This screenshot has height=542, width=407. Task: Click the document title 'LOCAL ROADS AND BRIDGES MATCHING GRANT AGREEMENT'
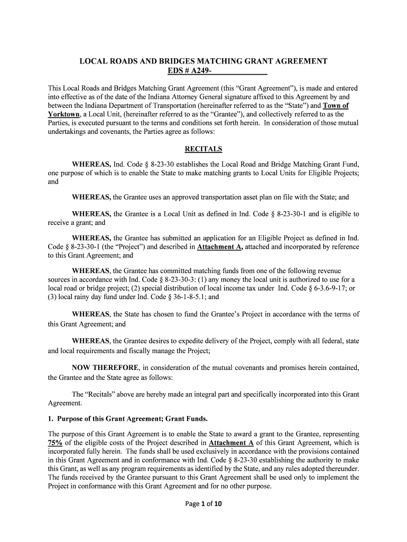(203, 61)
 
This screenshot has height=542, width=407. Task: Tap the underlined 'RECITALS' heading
(203, 149)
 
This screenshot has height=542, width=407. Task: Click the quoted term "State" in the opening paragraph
(288, 105)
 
